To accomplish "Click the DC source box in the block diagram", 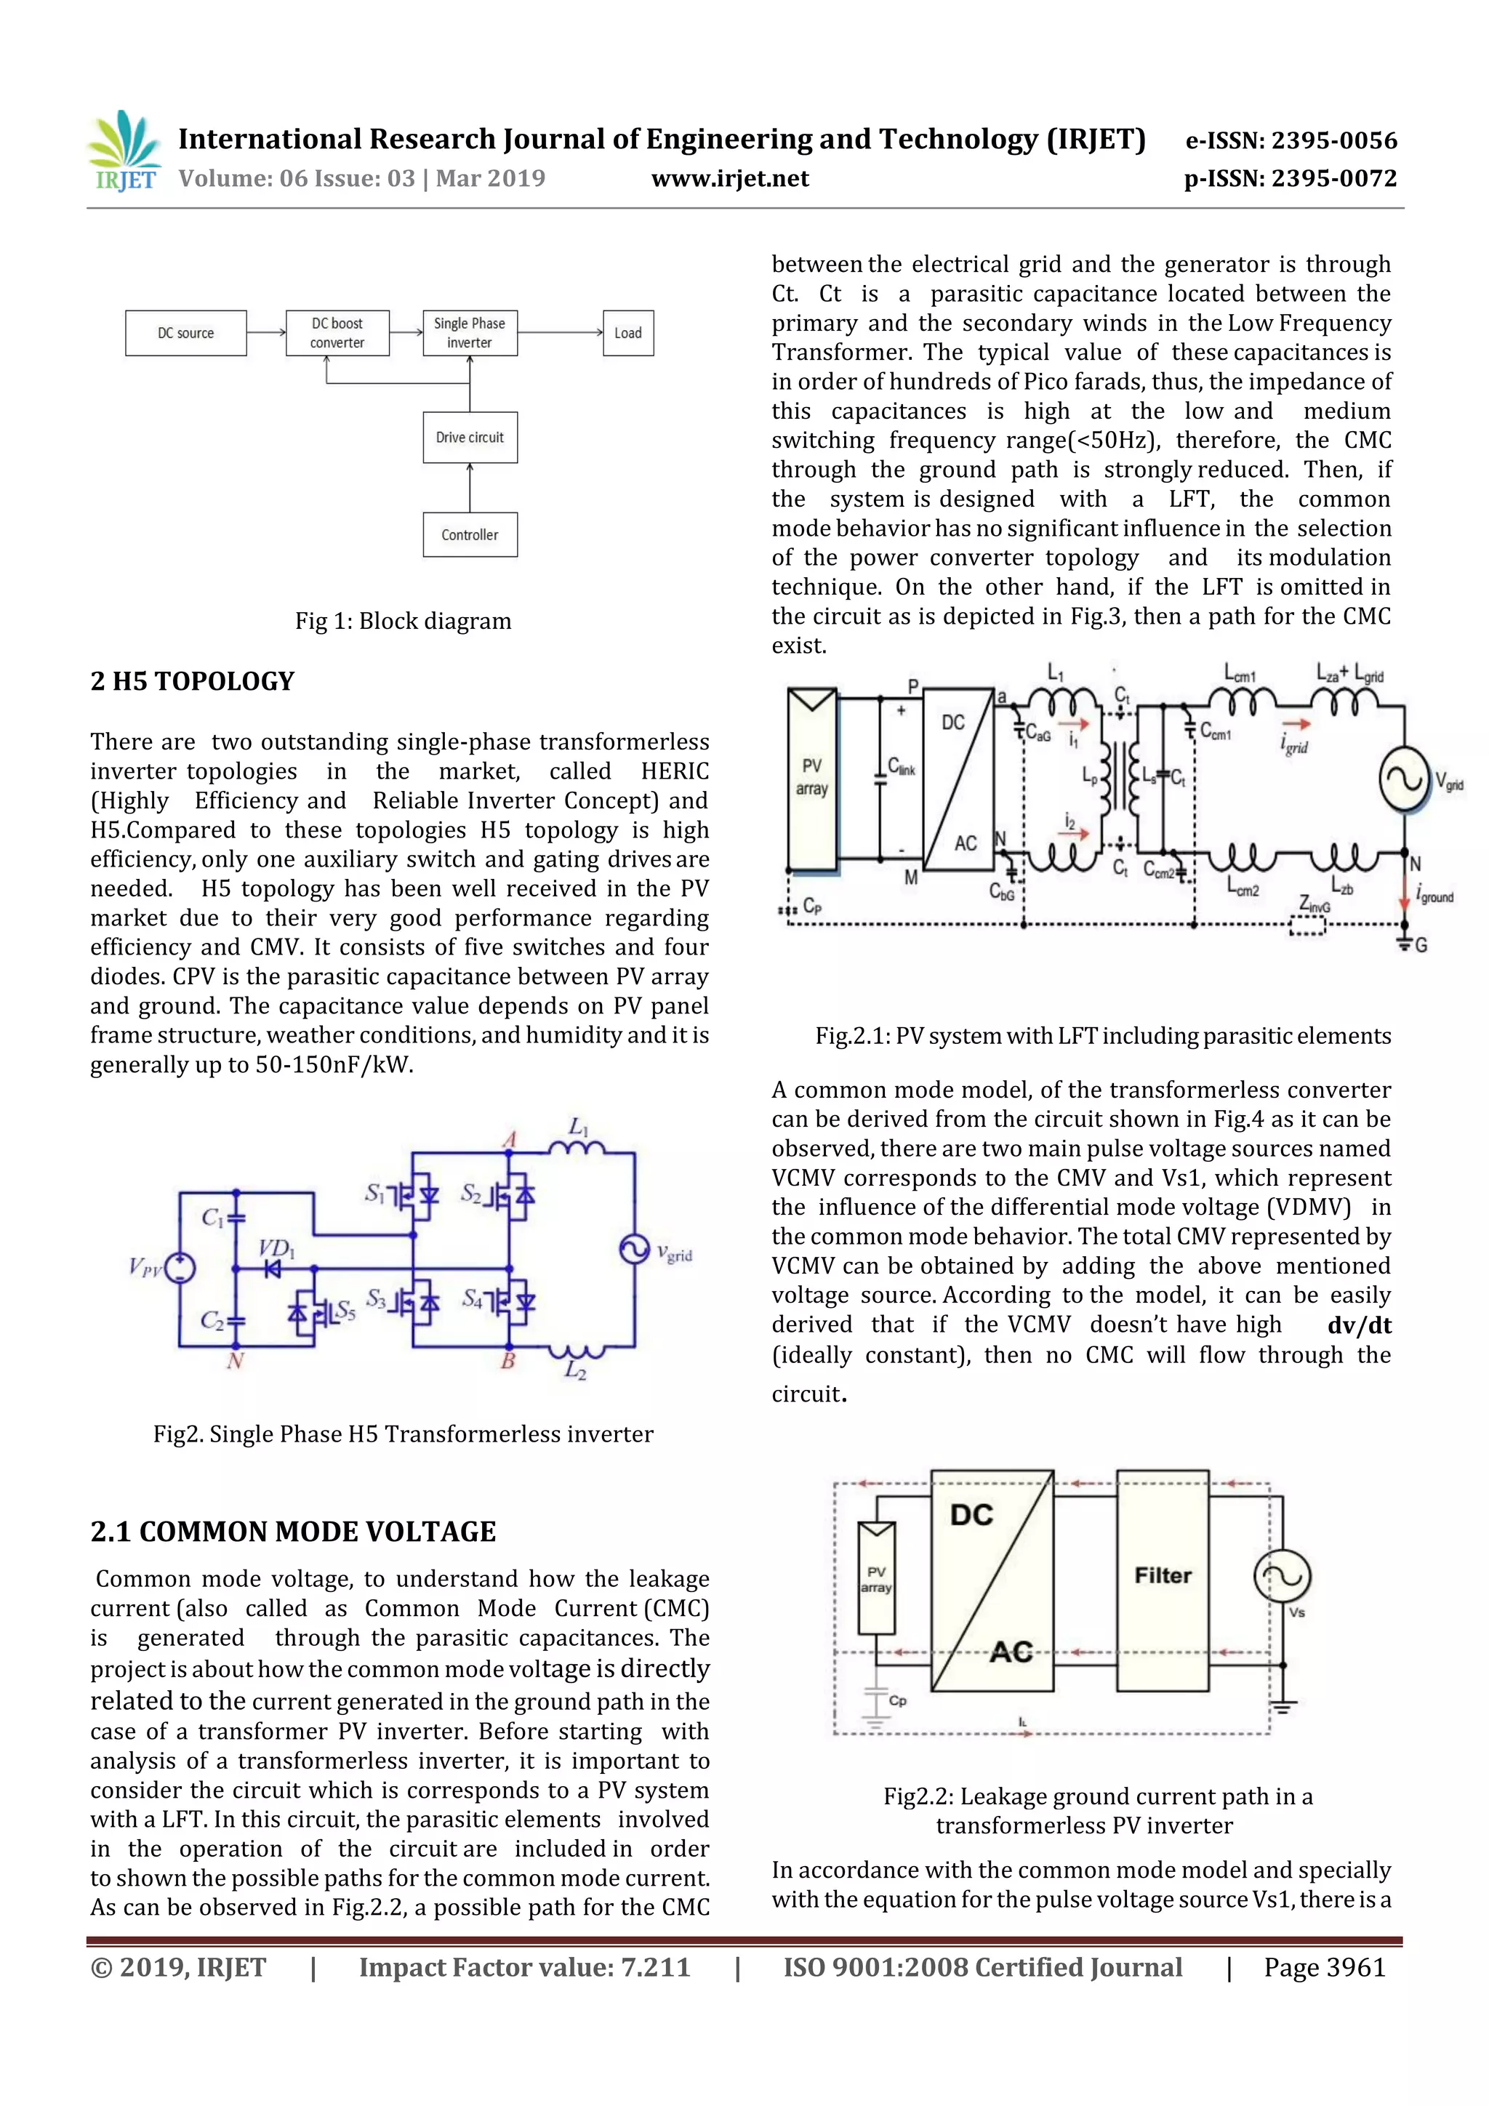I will click(x=185, y=333).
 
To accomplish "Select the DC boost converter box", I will click(x=337, y=333).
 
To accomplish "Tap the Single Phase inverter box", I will click(x=470, y=333).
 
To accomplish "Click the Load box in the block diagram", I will click(x=627, y=333).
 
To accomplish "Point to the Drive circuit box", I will click(x=470, y=438).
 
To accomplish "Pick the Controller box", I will click(x=470, y=535).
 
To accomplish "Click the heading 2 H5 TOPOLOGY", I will click(x=193, y=681).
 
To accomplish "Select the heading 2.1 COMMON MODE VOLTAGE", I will click(x=293, y=1532).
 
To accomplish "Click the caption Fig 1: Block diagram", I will click(x=403, y=621).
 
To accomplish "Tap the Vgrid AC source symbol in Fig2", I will click(x=634, y=1250).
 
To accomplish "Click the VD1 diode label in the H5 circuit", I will click(x=276, y=1248).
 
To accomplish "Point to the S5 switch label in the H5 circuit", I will click(x=345, y=1311).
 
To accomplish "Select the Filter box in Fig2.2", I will click(x=1163, y=1576).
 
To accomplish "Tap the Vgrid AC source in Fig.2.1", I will click(x=1404, y=779).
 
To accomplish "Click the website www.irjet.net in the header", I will click(x=730, y=178).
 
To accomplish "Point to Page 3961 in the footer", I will click(x=1324, y=1967).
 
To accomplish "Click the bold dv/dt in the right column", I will click(x=1359, y=1325).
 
